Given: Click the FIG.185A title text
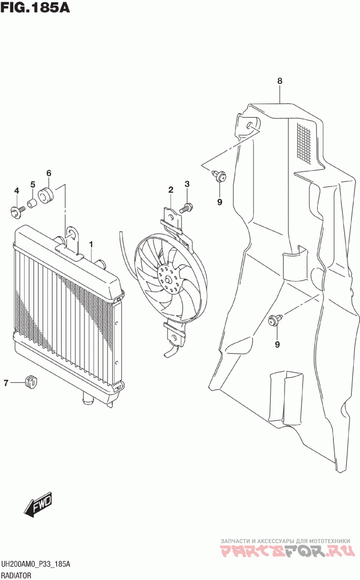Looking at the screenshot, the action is [x=36, y=8].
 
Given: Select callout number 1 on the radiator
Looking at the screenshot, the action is [x=91, y=244].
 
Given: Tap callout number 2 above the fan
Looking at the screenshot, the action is [x=171, y=190].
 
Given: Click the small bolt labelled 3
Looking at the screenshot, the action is [x=187, y=208].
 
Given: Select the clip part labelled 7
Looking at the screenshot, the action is [x=31, y=382].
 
